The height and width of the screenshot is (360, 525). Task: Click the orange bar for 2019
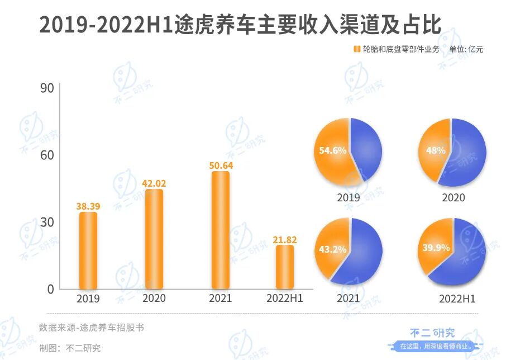[x=88, y=250]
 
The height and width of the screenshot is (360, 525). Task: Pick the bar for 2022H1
[x=285, y=267]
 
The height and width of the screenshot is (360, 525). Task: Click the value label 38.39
[x=88, y=206]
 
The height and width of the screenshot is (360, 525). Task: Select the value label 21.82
[x=285, y=240]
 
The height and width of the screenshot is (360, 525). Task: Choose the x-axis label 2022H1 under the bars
[x=285, y=299]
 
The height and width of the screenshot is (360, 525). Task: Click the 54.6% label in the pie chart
[x=333, y=150]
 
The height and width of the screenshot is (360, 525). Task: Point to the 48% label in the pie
[x=436, y=150]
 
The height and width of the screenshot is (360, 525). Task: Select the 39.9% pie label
[x=436, y=248]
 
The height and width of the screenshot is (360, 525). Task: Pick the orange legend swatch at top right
[x=356, y=49]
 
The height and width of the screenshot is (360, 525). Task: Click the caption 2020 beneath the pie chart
[x=453, y=197]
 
